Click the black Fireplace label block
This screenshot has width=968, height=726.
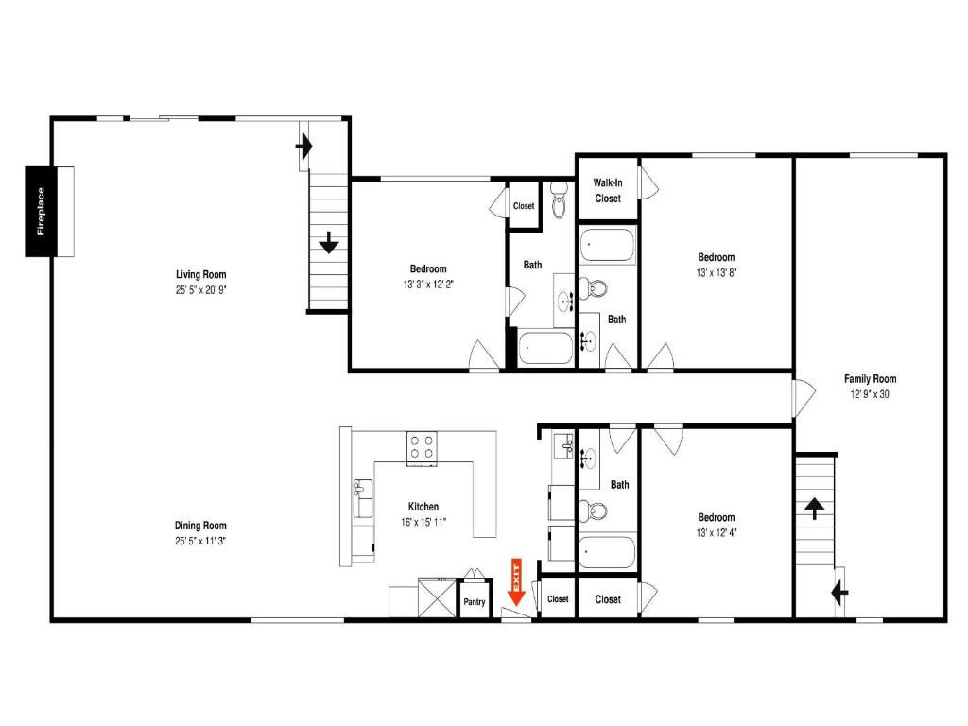[x=41, y=211]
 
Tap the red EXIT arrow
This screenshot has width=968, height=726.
[x=515, y=581]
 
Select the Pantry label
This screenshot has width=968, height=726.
[x=475, y=602]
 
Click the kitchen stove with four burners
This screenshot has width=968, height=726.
[x=422, y=448]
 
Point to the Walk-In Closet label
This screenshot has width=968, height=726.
[x=608, y=190]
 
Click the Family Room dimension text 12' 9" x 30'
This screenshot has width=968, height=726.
[x=871, y=394]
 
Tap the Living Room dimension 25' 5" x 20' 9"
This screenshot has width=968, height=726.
[x=200, y=290]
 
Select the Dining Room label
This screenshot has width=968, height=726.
[x=200, y=526]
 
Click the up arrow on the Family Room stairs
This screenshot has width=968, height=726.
[x=814, y=509]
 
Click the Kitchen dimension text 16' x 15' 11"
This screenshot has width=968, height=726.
[x=423, y=522]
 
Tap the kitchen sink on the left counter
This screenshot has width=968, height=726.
[x=363, y=497]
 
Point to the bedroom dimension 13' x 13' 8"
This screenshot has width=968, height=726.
[x=717, y=273]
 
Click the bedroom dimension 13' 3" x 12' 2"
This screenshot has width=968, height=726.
[x=428, y=285]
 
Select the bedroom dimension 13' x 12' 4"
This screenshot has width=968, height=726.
[x=717, y=533]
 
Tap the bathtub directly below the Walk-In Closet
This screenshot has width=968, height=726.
[x=607, y=245]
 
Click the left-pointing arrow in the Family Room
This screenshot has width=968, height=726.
[x=839, y=594]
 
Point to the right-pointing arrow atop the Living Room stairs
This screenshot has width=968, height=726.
[x=304, y=147]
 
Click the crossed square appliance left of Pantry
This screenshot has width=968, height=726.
[x=437, y=597]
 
